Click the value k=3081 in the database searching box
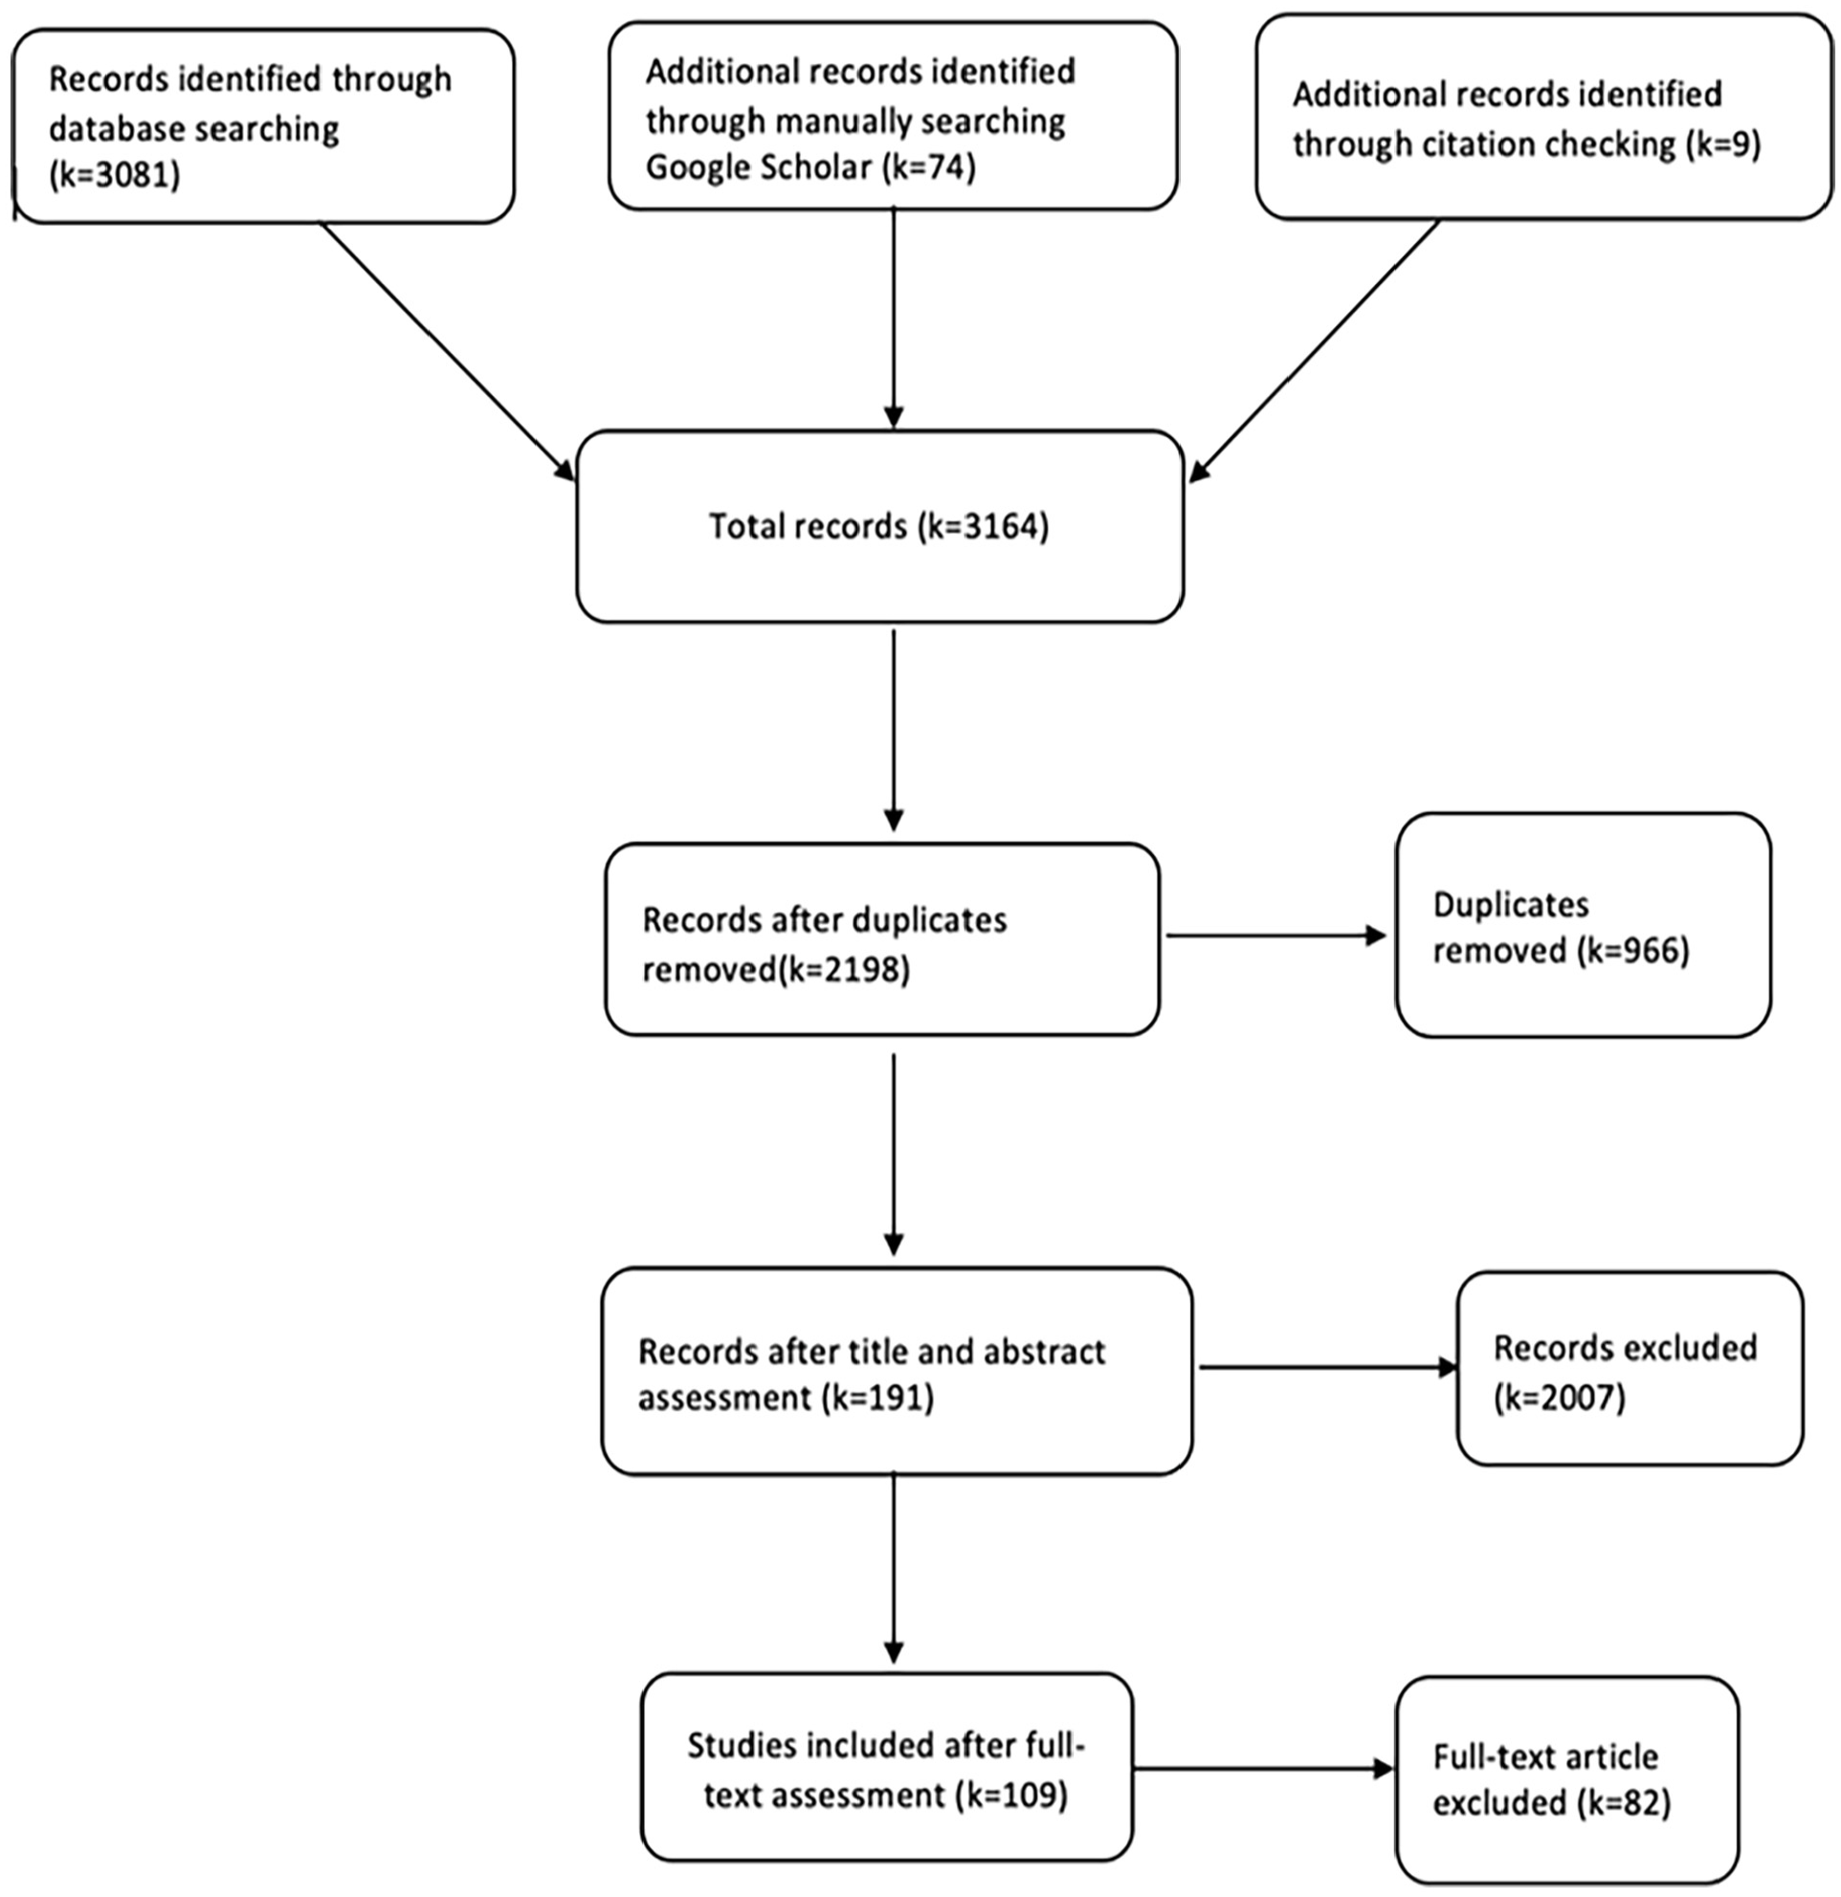[x=114, y=177]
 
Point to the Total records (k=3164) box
[x=880, y=525]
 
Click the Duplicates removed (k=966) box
[x=1584, y=925]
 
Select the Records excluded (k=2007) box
[x=1630, y=1369]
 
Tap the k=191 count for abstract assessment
[x=877, y=1398]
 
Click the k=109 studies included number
[x=1011, y=1796]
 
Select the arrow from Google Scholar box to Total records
[x=894, y=318]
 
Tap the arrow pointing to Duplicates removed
[x=1276, y=936]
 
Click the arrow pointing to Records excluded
[x=1329, y=1368]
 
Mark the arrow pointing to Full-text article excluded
[x=1264, y=1769]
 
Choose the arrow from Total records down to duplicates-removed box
[x=894, y=731]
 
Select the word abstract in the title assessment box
[x=1044, y=1351]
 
